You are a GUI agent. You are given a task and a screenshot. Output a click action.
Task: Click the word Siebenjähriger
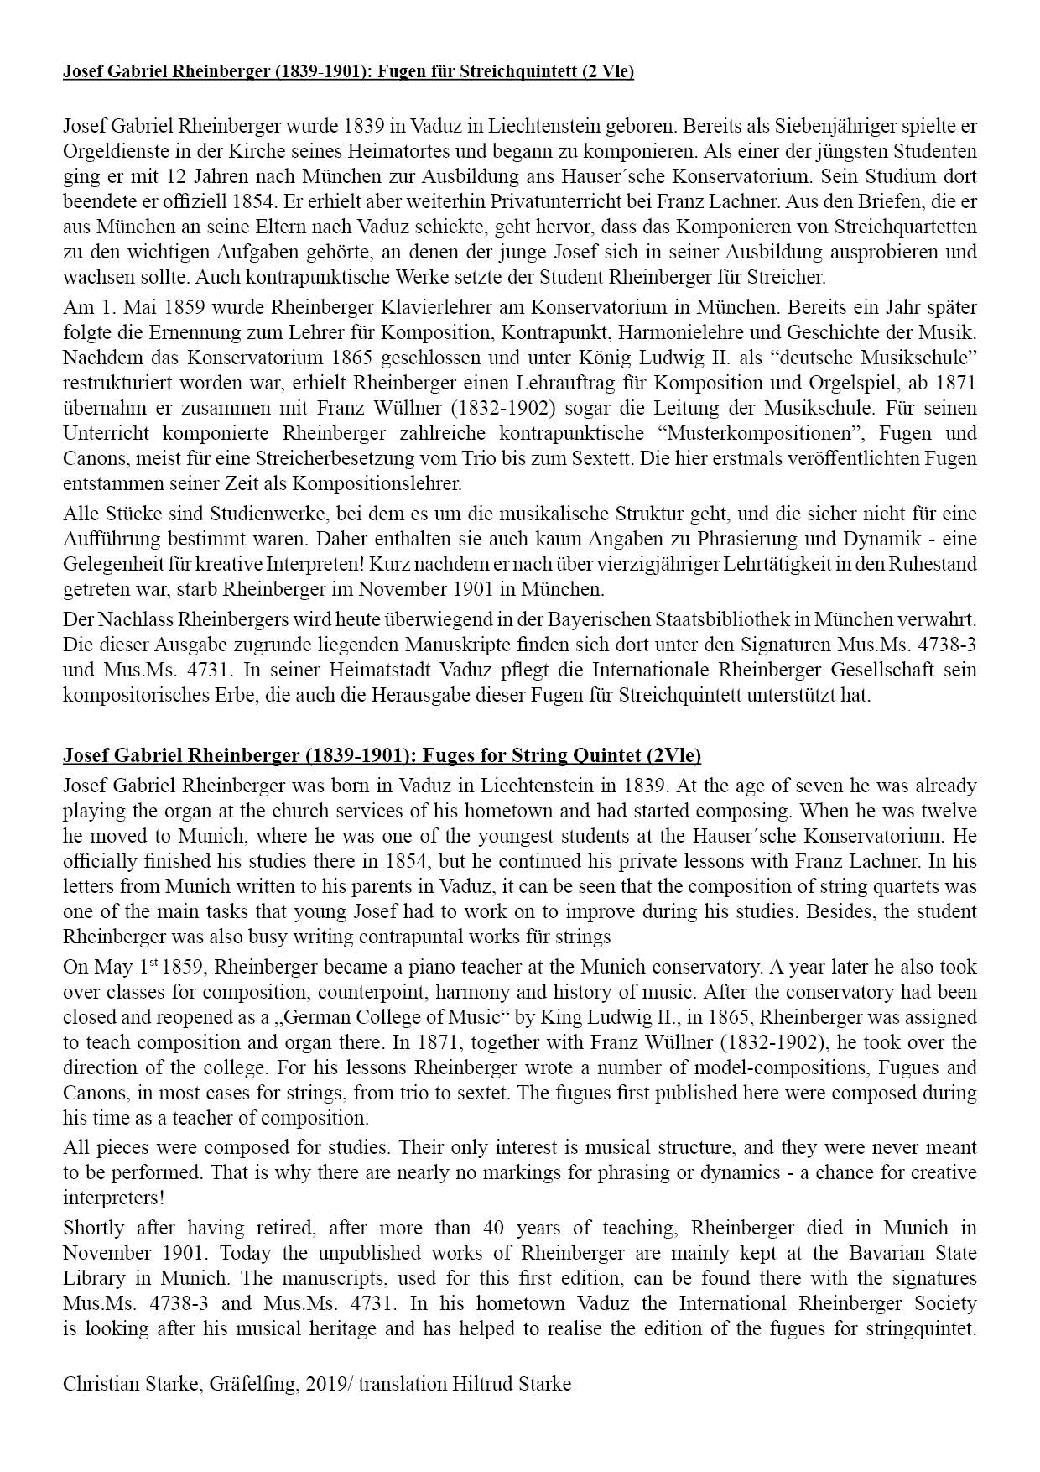[x=849, y=128]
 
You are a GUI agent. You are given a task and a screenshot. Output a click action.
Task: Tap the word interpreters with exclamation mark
[x=114, y=1197]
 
